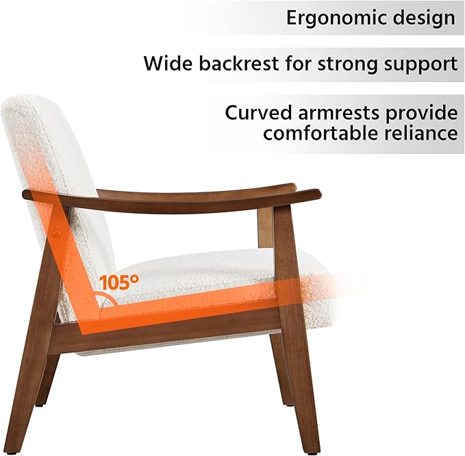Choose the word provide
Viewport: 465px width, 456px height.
click(x=420, y=112)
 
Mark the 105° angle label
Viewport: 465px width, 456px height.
click(x=118, y=281)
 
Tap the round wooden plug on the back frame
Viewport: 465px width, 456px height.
click(x=55, y=234)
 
